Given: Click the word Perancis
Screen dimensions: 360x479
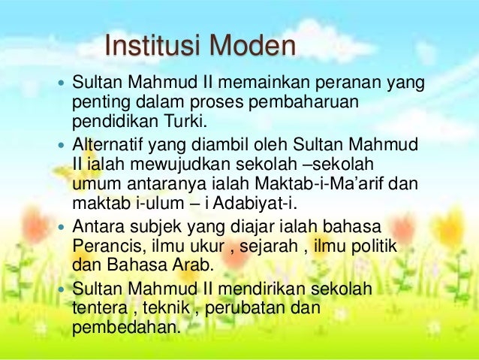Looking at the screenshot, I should pyautogui.click(x=107, y=246).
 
